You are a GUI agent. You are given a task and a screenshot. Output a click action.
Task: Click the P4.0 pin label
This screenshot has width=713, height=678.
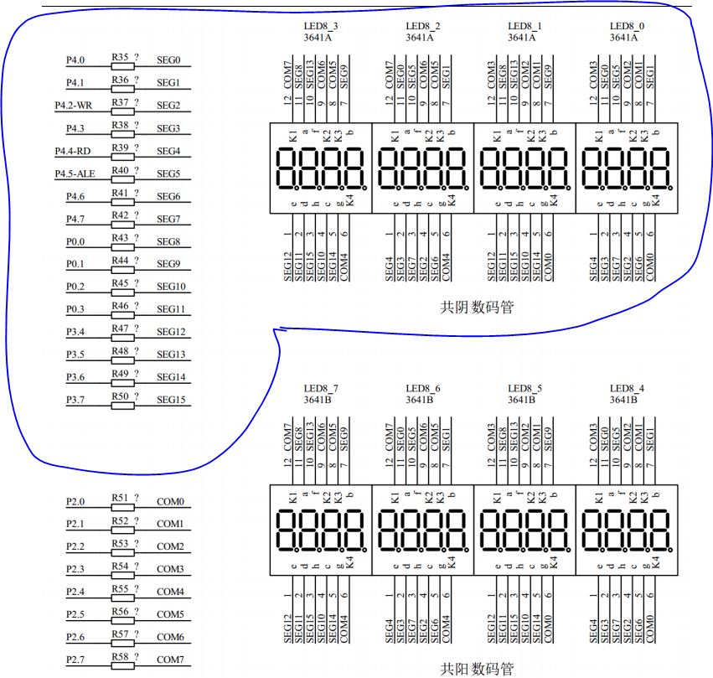[75, 60]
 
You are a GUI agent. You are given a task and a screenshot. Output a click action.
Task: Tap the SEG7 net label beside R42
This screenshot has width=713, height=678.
[168, 219]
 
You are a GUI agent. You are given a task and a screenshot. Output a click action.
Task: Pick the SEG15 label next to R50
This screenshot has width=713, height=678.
[171, 400]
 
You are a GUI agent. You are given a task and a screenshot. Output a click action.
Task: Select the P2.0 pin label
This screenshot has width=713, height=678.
[75, 502]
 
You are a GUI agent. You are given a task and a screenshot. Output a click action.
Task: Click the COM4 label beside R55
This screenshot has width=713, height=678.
[170, 593]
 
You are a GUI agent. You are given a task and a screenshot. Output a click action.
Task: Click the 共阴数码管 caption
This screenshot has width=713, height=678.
[477, 308]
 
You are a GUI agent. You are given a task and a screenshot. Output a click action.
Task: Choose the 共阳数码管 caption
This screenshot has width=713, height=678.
[477, 668]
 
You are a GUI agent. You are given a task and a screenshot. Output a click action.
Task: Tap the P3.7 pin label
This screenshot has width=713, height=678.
[75, 400]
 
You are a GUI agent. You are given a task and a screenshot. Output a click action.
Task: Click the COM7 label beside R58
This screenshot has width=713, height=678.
[170, 660]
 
